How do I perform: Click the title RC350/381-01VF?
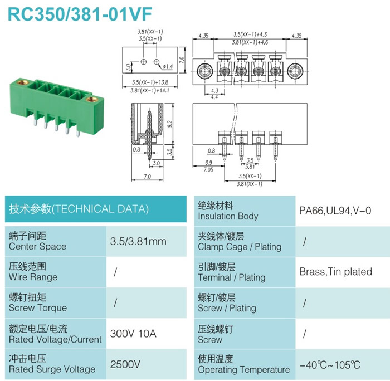(x=80, y=14)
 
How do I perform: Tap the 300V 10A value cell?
(x=133, y=334)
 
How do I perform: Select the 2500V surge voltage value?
(x=125, y=364)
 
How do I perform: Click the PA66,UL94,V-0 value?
(x=335, y=211)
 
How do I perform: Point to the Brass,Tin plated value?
(x=335, y=272)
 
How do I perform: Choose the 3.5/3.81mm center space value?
(x=138, y=242)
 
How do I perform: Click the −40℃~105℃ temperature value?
(x=330, y=365)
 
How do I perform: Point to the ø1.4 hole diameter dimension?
(x=168, y=66)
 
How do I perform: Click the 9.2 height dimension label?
(x=169, y=124)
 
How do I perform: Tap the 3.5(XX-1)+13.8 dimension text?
(x=150, y=82)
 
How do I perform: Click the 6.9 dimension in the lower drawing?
(x=209, y=163)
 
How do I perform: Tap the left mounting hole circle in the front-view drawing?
(x=205, y=71)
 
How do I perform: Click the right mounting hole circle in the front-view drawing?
(x=295, y=71)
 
